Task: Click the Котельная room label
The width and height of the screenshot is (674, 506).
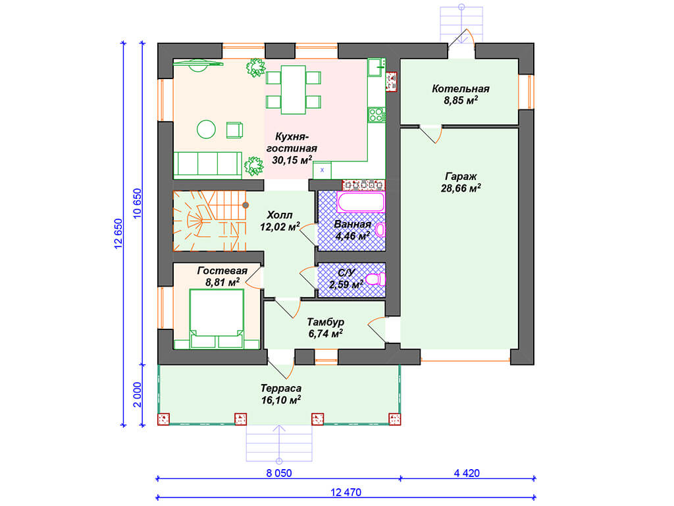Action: [x=460, y=89]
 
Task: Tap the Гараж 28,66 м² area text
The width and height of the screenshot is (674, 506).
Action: [x=460, y=183]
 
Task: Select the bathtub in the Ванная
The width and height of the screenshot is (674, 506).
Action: [x=361, y=202]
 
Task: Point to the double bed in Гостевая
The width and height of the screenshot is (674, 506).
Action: [x=217, y=318]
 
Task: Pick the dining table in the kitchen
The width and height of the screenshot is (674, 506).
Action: [x=293, y=90]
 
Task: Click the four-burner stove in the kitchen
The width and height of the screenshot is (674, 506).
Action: [x=376, y=115]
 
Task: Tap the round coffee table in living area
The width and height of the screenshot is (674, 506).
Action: [x=206, y=129]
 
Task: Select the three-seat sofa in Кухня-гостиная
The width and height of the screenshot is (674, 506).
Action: [x=207, y=165]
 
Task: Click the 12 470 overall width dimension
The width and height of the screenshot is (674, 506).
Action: [x=346, y=492]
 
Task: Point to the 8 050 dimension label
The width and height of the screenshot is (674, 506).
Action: [x=279, y=473]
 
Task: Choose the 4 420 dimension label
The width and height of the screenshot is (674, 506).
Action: [x=467, y=473]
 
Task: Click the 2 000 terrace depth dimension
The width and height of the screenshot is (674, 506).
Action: [x=137, y=395]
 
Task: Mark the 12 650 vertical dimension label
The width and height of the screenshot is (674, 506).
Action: [x=118, y=234]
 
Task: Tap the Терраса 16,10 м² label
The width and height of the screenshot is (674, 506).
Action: [x=280, y=394]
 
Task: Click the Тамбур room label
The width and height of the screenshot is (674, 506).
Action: [x=325, y=322]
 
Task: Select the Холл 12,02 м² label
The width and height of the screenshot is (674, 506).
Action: [x=279, y=221]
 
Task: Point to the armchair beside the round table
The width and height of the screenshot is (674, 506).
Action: [x=235, y=130]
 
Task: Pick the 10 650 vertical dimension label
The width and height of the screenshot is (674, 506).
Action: [x=137, y=204]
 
